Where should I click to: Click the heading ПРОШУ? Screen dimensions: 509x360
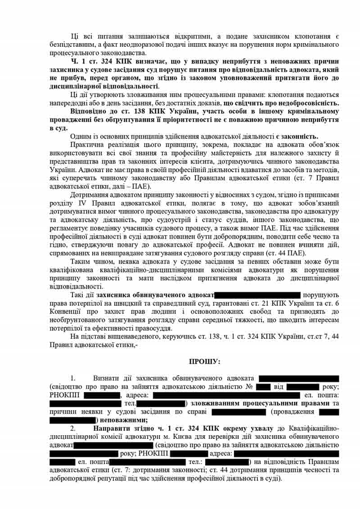click(205, 361)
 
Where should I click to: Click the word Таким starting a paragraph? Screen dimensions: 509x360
click(81, 261)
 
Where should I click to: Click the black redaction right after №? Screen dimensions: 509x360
click(263, 387)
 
